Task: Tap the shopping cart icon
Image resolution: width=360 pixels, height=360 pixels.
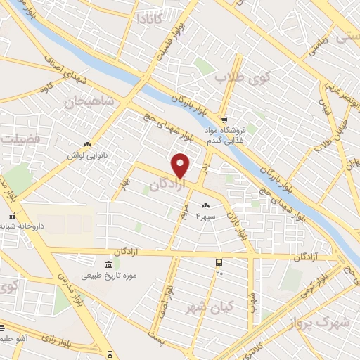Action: pos(223,120)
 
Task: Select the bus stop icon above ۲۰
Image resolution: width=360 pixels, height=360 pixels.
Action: pos(219,262)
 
